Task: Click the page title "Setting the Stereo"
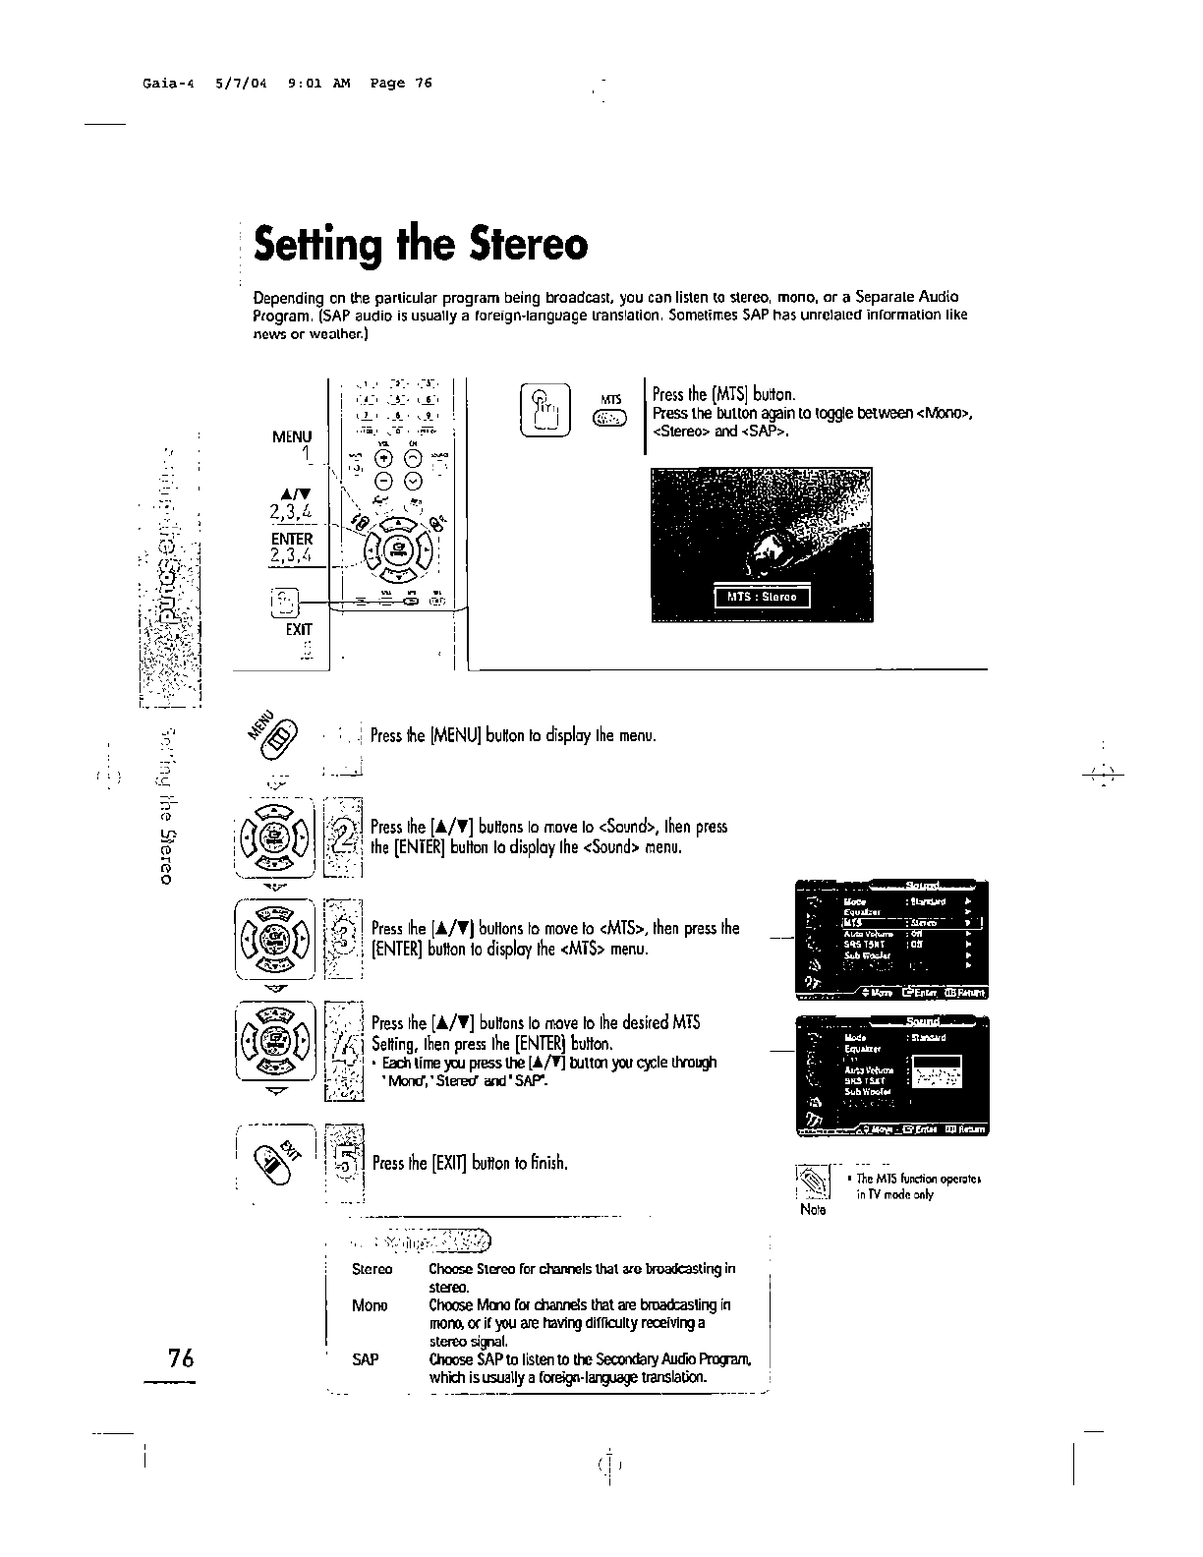tap(421, 246)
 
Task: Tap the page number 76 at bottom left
tap(181, 1358)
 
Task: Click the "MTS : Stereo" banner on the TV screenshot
tap(762, 597)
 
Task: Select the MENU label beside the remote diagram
tap(292, 436)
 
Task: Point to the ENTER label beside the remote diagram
tap(292, 539)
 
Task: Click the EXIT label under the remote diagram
tap(299, 629)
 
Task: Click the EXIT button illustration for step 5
tap(276, 1161)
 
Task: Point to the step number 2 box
tap(344, 842)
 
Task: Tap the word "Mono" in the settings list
tap(370, 1305)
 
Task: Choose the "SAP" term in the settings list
tap(365, 1359)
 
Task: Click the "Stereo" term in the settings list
tap(372, 1269)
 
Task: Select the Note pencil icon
tap(814, 1182)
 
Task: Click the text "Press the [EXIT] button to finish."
tap(470, 1164)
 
